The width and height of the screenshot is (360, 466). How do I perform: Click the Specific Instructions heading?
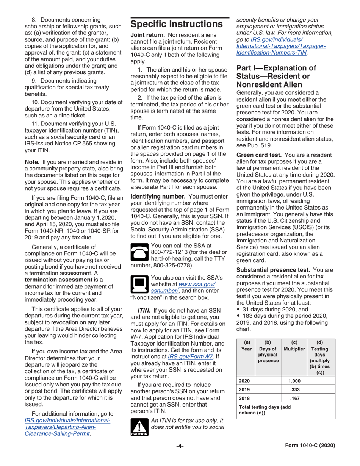coord(176,25)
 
